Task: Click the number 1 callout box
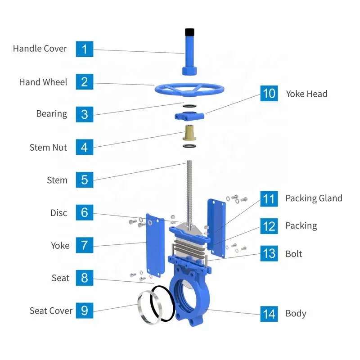click(x=85, y=49)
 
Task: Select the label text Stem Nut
click(x=48, y=147)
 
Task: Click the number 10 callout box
click(x=269, y=94)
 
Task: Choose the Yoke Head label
click(x=306, y=94)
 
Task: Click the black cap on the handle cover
click(x=189, y=32)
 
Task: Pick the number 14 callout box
click(x=269, y=314)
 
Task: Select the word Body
click(x=296, y=314)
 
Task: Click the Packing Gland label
click(x=314, y=198)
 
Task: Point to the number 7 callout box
click(x=85, y=246)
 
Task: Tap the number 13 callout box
click(x=269, y=254)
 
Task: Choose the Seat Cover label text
click(x=51, y=311)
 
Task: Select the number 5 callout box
click(x=85, y=180)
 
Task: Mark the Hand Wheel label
click(x=43, y=82)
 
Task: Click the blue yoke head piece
click(x=189, y=116)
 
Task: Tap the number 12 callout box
click(x=269, y=226)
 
